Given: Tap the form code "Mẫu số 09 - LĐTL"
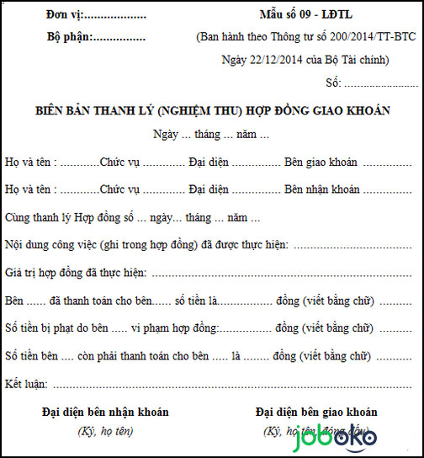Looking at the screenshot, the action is pos(306,15).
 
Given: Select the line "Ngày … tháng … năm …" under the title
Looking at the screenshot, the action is pos(211,135).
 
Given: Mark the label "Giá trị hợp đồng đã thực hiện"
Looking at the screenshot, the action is pos(76,273).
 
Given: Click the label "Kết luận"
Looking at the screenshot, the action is pos(27,384).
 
